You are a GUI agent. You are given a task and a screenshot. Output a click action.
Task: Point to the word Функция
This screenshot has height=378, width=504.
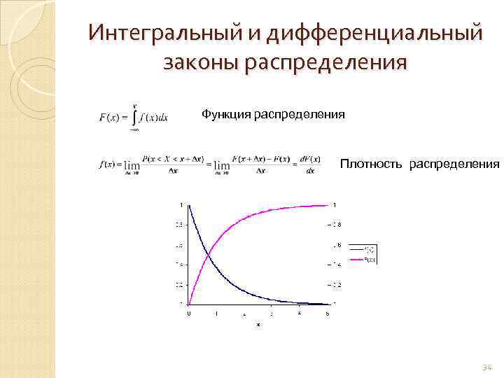tap(225, 113)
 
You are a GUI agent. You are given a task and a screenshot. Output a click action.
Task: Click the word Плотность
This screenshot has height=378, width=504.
tap(372, 164)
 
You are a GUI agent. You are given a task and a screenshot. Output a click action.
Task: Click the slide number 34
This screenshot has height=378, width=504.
tap(487, 367)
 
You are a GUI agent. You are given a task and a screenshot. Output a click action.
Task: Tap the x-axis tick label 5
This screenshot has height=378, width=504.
tap(327, 314)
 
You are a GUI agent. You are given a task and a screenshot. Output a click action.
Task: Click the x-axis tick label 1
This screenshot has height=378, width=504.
tap(216, 314)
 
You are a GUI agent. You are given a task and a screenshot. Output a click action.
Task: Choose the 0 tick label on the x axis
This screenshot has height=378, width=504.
tap(188, 314)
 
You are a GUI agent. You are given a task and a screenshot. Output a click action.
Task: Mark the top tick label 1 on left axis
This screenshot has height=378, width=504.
tap(181, 204)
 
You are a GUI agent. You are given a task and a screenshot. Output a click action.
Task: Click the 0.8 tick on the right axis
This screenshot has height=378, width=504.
tap(336, 225)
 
